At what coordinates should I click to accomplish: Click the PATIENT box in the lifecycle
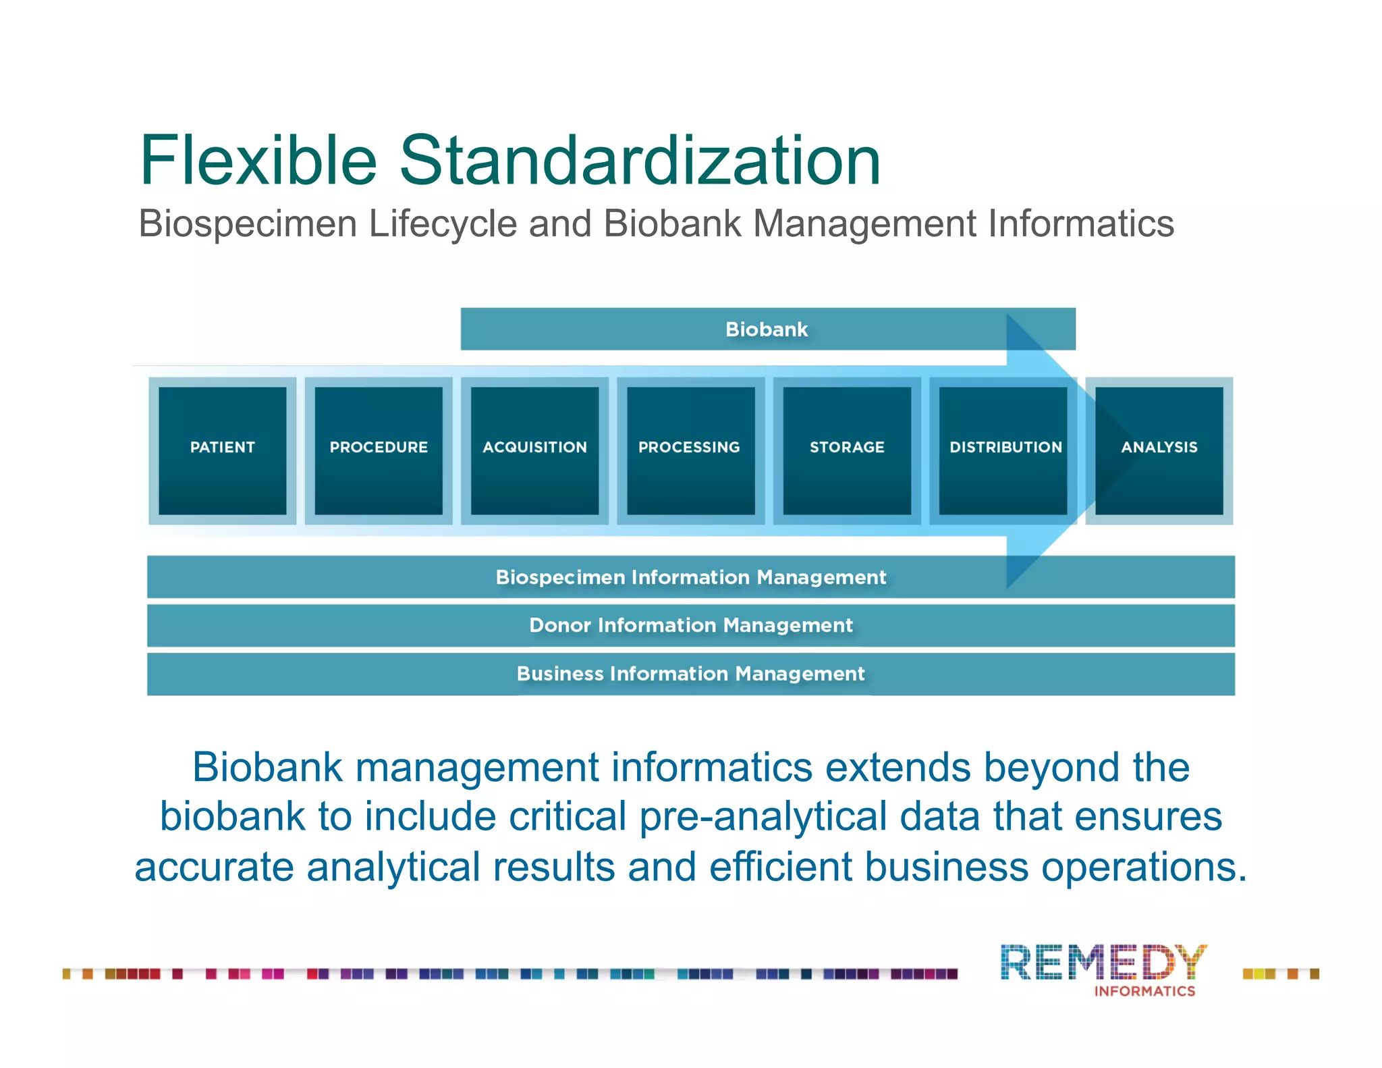pyautogui.click(x=222, y=450)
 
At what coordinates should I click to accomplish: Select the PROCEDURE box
pyautogui.click(x=379, y=450)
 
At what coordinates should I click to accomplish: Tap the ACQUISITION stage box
pyautogui.click(x=534, y=450)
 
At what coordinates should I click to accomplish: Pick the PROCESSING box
pyautogui.click(x=690, y=450)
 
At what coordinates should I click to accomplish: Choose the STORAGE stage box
pyautogui.click(x=847, y=450)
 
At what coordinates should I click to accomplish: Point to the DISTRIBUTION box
pyautogui.click(x=1003, y=450)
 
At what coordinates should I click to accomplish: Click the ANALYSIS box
pyautogui.click(x=1159, y=450)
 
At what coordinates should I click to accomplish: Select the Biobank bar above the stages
pyautogui.click(x=767, y=329)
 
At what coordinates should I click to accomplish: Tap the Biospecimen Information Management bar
pyautogui.click(x=690, y=577)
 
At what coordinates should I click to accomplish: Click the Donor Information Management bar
pyautogui.click(x=690, y=625)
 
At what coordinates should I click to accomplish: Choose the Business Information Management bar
pyautogui.click(x=690, y=674)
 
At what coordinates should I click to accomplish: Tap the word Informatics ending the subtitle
pyautogui.click(x=1081, y=224)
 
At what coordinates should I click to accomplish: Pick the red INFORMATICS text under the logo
pyautogui.click(x=1144, y=991)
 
